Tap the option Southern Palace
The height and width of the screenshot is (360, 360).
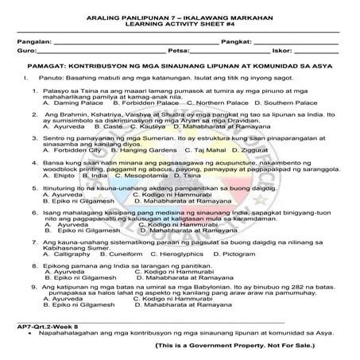[293, 103]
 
